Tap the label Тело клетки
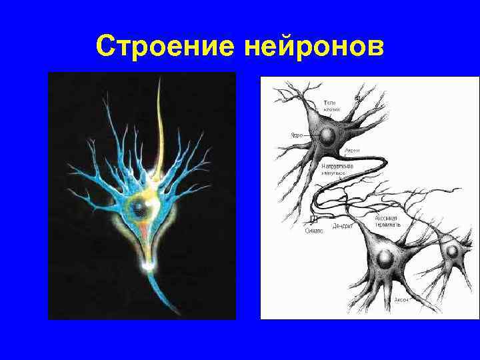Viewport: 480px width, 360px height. tap(331, 105)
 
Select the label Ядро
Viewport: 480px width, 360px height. tap(295, 135)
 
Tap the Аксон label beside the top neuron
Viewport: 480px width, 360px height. tap(352, 151)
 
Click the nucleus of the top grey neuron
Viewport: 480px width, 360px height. tap(327, 135)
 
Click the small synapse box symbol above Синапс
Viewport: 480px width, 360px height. tap(313, 218)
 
